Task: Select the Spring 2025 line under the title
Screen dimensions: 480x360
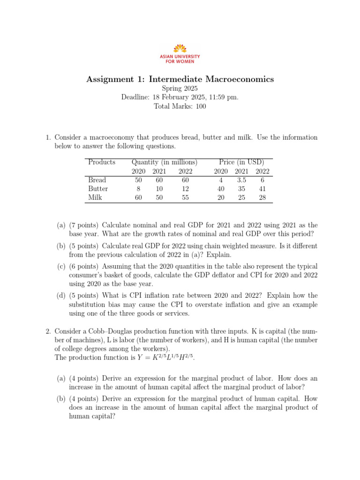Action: pos(180,88)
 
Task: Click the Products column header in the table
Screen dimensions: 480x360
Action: pos(101,162)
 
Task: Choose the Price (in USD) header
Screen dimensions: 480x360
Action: pos(241,162)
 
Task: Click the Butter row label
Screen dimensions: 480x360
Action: pos(98,189)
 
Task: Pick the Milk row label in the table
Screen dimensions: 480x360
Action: pos(95,198)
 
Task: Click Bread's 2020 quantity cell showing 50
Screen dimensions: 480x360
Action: pos(138,180)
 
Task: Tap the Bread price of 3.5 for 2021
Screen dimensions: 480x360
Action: pos(241,180)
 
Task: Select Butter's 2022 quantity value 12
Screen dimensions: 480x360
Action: pos(185,189)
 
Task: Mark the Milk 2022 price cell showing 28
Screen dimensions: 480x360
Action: pos(262,198)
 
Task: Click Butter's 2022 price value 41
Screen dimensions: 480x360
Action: pos(262,189)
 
